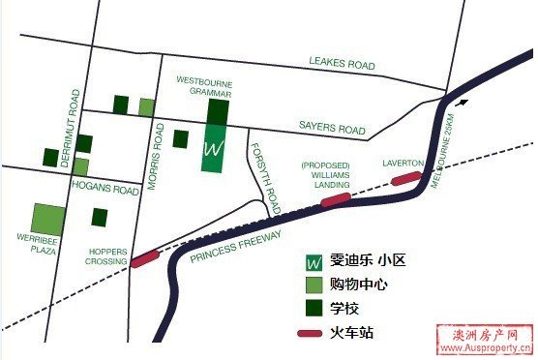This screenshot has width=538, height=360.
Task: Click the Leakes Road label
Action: [x=341, y=64]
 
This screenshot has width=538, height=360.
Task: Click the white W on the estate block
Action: [x=215, y=150]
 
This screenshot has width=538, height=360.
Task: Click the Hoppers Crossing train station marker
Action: [x=144, y=257]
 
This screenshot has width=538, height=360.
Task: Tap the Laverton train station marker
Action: [x=407, y=178]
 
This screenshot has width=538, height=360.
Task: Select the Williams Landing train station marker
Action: [x=335, y=198]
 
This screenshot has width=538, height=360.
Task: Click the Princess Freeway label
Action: [x=235, y=248]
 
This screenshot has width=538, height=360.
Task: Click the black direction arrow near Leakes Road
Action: [x=466, y=99]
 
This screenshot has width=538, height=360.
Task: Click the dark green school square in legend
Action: [x=314, y=309]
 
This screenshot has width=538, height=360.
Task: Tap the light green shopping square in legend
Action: [x=314, y=285]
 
